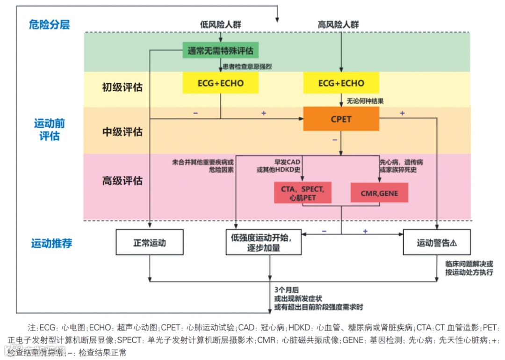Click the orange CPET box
tap(341, 119)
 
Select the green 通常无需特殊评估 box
tap(221, 50)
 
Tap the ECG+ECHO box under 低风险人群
tap(221, 83)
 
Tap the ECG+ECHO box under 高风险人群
tap(341, 83)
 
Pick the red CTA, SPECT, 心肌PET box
tap(303, 193)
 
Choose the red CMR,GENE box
tap(379, 193)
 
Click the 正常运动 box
tap(150, 243)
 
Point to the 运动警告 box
tap(436, 243)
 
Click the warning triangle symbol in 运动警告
tap(453, 243)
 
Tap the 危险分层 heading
tap(49, 24)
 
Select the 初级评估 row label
tap(123, 87)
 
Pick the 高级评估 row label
tap(123, 180)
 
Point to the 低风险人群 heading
tap(221, 24)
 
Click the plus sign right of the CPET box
tap(402, 113)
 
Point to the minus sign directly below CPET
tap(334, 139)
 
